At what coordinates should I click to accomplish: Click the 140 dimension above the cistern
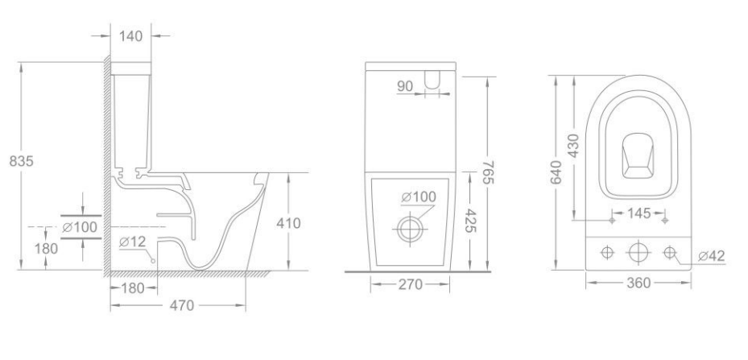130,35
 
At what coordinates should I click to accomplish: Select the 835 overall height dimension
22,161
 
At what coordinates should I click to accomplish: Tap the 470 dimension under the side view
182,305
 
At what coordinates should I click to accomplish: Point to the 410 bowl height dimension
288,223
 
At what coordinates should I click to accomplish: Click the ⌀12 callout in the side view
132,242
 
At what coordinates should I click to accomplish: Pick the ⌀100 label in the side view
80,227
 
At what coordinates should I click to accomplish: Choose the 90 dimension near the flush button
404,86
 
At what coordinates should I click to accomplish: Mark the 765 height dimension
488,172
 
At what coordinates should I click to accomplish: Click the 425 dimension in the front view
471,221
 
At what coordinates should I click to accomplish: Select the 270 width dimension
411,284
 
